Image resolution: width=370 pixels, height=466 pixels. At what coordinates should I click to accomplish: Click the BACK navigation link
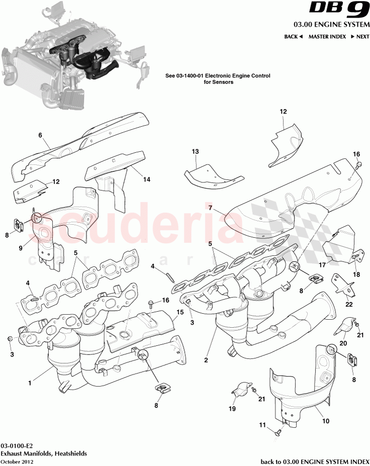(293, 37)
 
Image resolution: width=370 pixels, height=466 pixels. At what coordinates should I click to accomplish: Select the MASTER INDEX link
(327, 37)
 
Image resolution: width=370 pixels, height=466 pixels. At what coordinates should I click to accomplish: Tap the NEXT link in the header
(360, 37)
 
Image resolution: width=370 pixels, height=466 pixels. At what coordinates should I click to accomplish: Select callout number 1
(30, 383)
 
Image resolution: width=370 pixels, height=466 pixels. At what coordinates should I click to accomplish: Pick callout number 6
(40, 135)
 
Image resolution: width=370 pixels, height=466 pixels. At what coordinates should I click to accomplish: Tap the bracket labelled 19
(241, 390)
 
